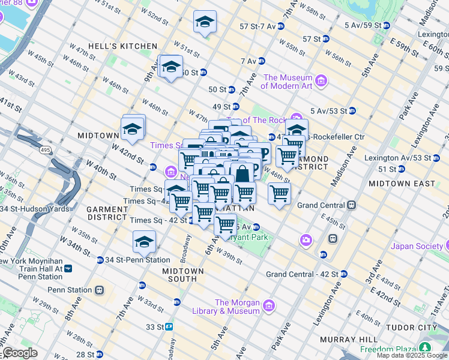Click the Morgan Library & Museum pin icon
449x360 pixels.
268,306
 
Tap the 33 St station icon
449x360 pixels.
170,327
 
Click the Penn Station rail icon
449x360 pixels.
98,290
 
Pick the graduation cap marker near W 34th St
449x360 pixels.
144,241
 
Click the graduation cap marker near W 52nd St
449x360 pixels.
205,22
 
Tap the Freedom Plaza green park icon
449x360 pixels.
425,348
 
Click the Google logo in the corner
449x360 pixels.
20,353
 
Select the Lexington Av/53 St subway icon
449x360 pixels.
436,158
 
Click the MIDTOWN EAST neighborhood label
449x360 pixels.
397,182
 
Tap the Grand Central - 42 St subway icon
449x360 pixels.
343,274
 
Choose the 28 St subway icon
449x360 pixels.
99,354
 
